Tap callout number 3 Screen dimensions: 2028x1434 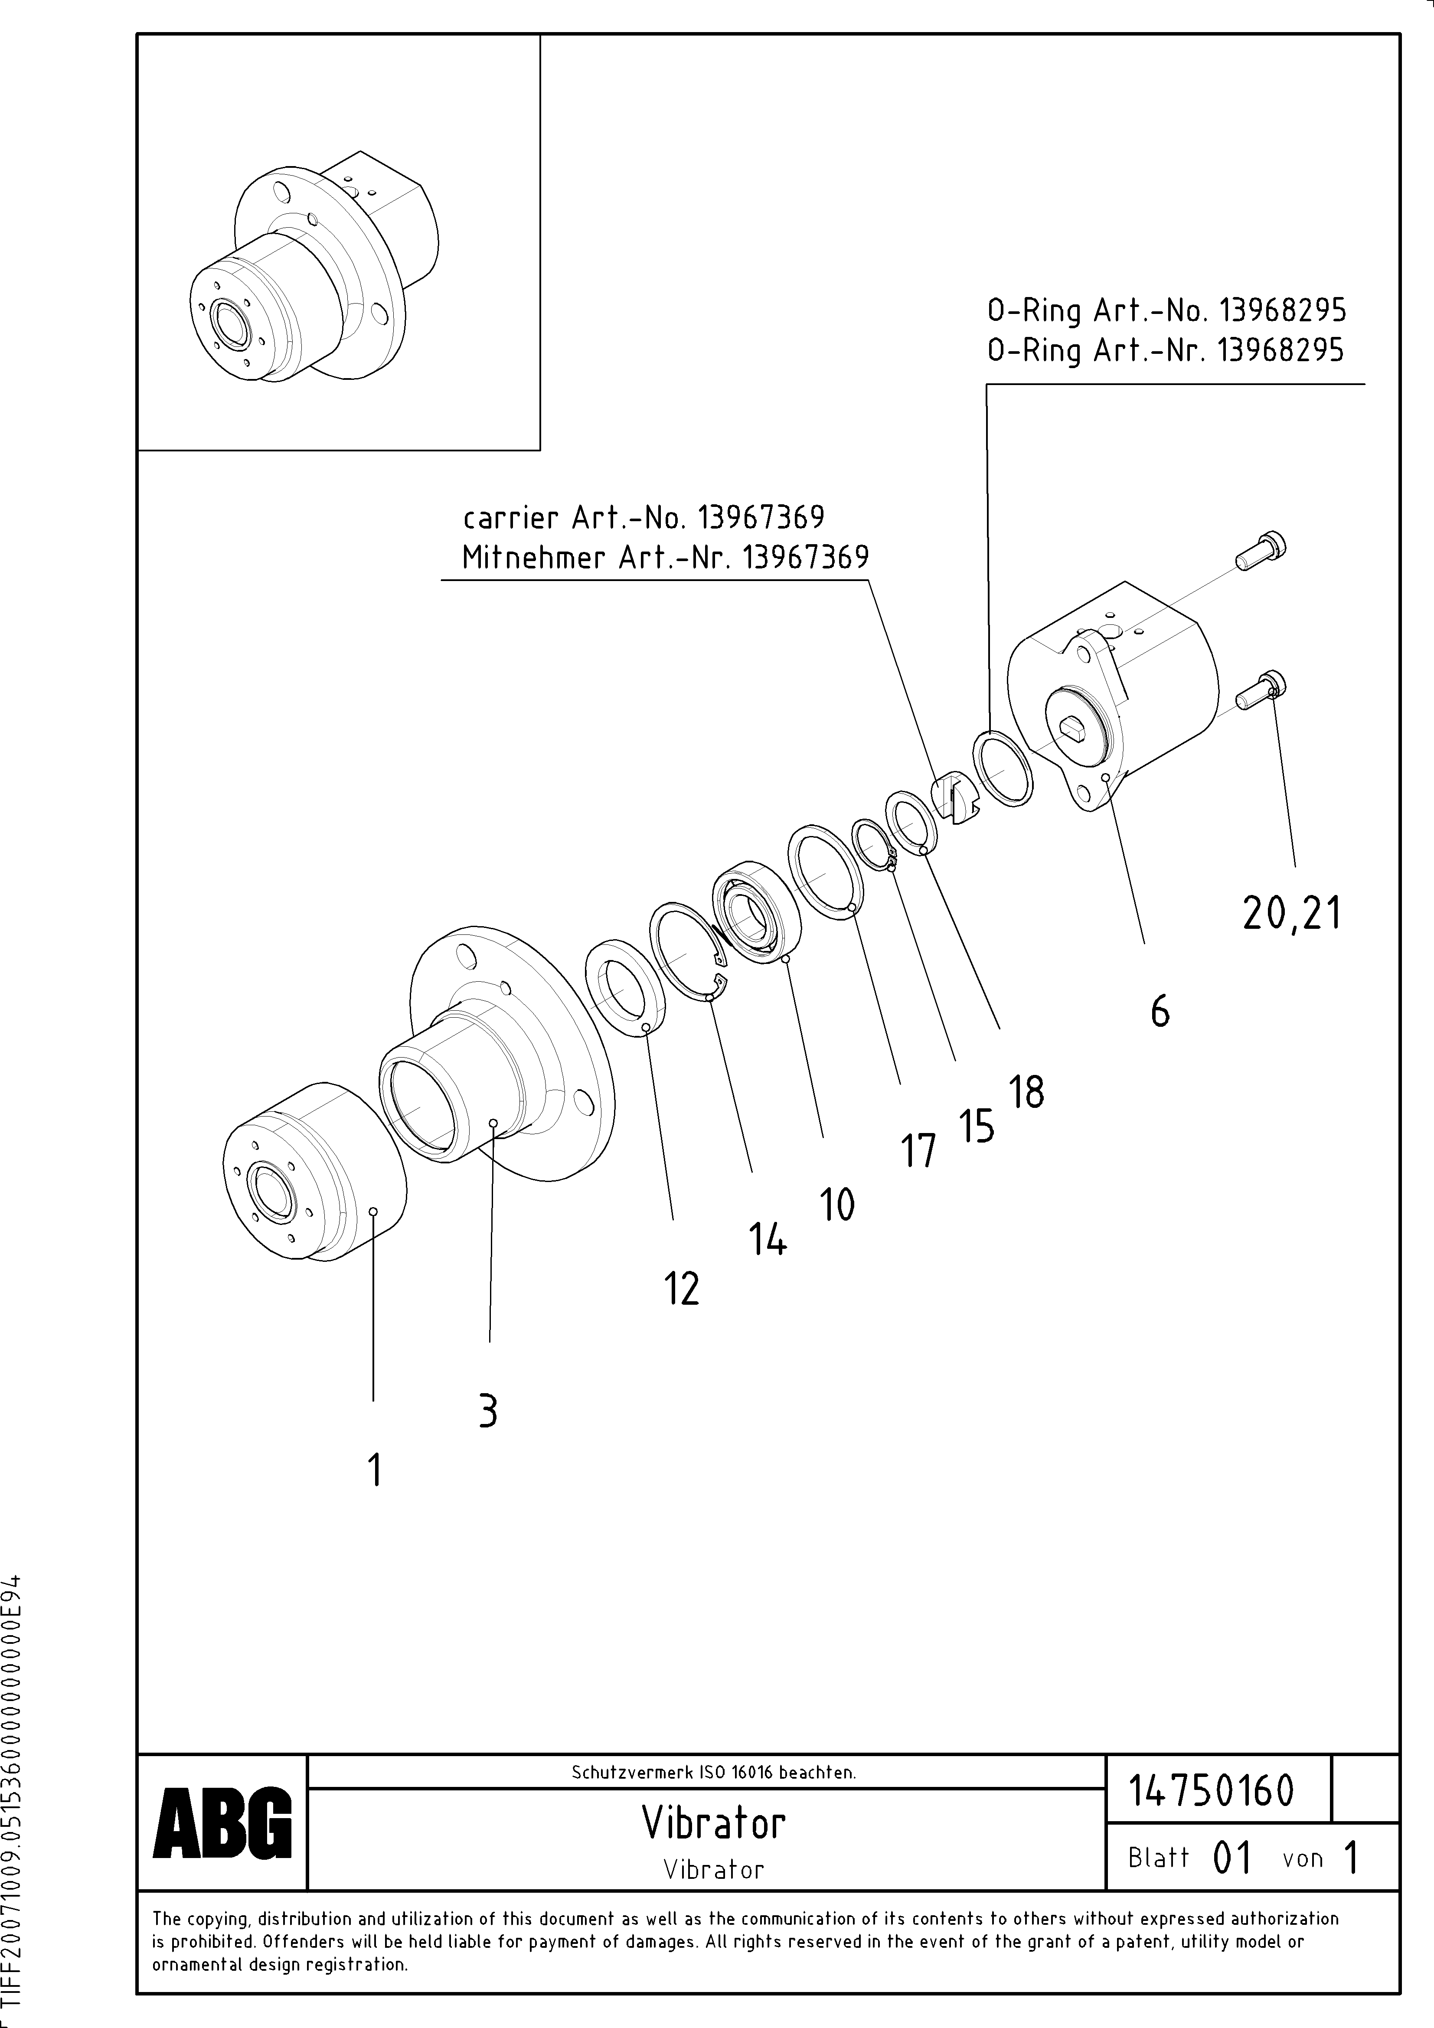488,1411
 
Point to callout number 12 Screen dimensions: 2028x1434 681,1289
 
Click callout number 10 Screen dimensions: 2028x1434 837,1204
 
